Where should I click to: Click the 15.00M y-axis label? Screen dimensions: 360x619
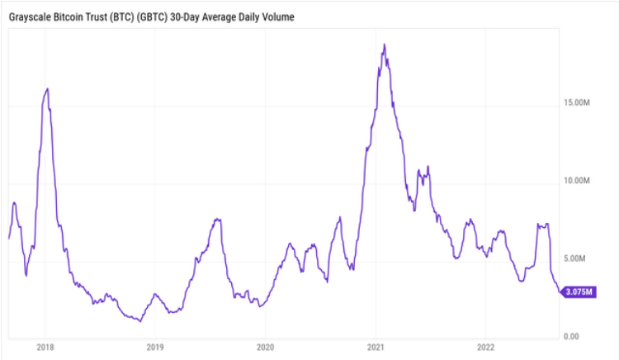tap(574, 102)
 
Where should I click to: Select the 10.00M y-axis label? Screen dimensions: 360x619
tap(574, 180)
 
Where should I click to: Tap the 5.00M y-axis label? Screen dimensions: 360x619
tap(576, 258)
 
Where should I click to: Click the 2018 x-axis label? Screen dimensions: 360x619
tap(45, 347)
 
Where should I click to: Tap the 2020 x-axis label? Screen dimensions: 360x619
tap(265, 347)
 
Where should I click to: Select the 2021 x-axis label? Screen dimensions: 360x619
tap(376, 347)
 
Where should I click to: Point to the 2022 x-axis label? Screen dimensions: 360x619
tap(486, 347)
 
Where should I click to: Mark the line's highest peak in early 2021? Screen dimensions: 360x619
tap(384, 45)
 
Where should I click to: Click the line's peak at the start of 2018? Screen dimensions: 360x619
tap(47, 88)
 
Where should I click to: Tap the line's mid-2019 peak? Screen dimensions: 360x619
tap(217, 220)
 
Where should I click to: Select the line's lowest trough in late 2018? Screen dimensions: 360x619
tap(139, 320)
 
